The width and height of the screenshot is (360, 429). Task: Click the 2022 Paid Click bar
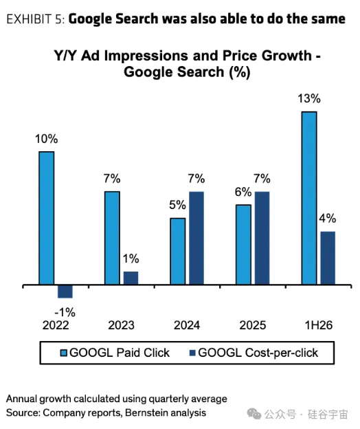point(47,218)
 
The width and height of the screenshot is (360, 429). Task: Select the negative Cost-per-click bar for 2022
point(65,291)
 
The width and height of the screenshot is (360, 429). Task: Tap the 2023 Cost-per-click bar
point(131,278)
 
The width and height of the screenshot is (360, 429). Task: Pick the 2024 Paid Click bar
point(178,252)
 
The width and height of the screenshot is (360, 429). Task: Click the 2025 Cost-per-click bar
point(262,238)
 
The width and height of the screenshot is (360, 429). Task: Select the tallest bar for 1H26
point(309,198)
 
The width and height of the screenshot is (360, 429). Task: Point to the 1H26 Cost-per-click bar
point(328,258)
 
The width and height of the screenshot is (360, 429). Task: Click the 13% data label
point(309,98)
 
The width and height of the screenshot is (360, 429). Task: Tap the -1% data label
point(65,312)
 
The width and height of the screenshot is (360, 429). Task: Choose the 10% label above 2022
point(47,139)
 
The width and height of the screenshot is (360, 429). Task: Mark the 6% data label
point(243,192)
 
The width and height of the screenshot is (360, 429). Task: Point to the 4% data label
point(328,219)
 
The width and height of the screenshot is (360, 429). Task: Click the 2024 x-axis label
point(187,325)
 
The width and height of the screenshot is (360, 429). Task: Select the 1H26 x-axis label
point(319,325)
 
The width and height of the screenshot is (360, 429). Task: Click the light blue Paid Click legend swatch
point(63,353)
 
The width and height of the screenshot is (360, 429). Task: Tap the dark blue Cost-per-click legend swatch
point(192,353)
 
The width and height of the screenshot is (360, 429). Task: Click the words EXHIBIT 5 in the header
point(36,19)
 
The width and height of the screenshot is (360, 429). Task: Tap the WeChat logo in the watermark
point(254,414)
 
